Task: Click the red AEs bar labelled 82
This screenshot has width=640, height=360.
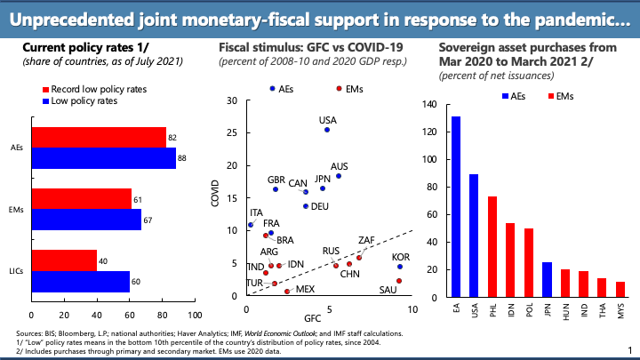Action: pos(98,136)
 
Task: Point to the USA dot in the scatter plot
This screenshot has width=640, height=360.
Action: pos(327,130)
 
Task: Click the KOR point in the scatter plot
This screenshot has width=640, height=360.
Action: pos(400,267)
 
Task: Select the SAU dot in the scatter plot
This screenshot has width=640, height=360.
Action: pos(399,281)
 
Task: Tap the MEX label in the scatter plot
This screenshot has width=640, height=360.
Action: pos(305,290)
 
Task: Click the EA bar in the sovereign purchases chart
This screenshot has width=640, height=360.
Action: pos(456,209)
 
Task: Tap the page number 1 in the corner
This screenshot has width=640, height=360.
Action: pos(629,350)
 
